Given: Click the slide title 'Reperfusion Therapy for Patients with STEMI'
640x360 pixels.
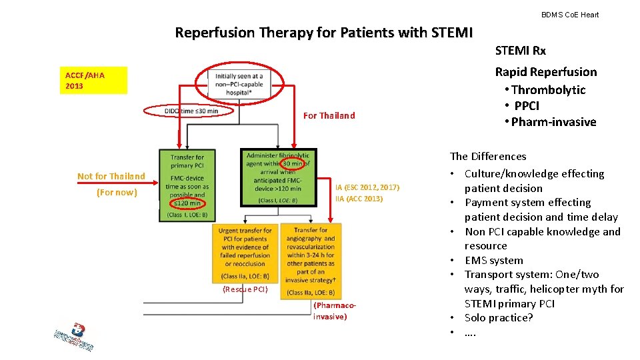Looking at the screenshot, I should click(323, 32).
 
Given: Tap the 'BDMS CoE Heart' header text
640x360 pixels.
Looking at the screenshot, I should click(569, 15).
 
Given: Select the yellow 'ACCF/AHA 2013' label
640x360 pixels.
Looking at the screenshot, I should click(93, 81).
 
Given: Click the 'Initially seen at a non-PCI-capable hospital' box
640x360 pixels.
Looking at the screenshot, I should click(239, 85).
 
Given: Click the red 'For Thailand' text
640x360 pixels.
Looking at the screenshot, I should click(329, 115).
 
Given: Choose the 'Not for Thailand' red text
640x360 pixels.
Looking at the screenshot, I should click(111, 176).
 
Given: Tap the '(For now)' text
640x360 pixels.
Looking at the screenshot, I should click(117, 193).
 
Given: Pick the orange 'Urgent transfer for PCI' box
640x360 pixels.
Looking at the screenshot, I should click(245, 253).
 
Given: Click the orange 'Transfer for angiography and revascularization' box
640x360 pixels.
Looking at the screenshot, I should click(311, 260).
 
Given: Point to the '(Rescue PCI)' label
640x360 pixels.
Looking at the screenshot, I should click(245, 289).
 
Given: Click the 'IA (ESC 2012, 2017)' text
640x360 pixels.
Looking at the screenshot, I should click(367, 188).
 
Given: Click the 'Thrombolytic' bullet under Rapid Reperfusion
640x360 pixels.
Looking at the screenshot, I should click(548, 90).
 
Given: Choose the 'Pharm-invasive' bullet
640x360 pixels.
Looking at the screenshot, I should click(553, 121).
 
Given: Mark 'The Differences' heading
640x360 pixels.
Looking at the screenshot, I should click(488, 156).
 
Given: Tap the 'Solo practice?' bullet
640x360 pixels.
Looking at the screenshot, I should click(499, 317).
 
